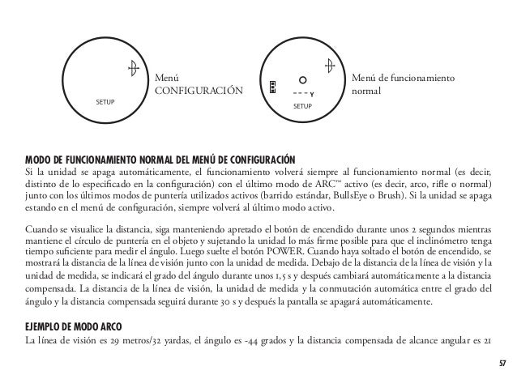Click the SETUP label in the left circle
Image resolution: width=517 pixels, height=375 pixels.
[x=105, y=104]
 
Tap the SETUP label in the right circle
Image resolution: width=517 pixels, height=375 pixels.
[x=302, y=107]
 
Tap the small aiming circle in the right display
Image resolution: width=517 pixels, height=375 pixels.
[x=301, y=81]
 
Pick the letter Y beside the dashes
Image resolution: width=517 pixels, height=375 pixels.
[x=312, y=94]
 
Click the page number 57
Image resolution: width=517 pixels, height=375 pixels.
[x=502, y=361]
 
